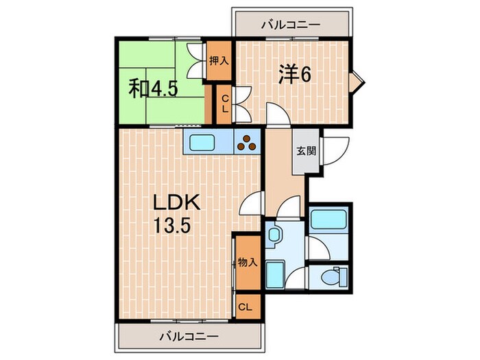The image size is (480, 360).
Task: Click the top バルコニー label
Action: point(291,25)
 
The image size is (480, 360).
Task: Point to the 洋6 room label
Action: point(295,74)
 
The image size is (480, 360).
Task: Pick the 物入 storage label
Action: point(247,262)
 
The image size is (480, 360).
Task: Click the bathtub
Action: point(328,219)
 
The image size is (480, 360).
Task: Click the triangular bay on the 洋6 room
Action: point(356,83)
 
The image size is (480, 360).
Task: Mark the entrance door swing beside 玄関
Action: point(335,151)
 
